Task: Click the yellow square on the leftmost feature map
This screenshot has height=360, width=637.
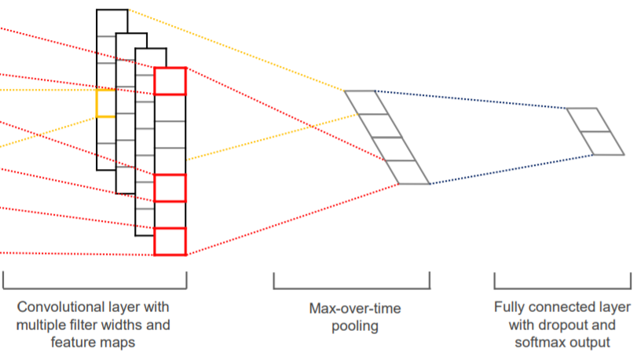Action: pos(105,103)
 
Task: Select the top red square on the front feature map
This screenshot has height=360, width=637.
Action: pos(170,82)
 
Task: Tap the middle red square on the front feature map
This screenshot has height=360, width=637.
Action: pos(170,188)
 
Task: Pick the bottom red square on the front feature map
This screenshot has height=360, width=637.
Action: pos(170,241)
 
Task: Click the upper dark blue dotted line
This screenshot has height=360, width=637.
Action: pos(471,99)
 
